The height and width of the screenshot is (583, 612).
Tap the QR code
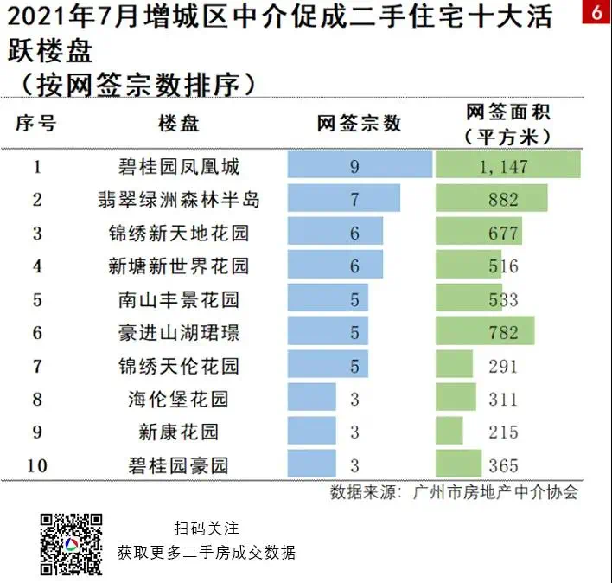(72, 544)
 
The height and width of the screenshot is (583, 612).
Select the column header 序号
(36, 124)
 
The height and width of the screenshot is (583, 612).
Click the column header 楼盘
(179, 124)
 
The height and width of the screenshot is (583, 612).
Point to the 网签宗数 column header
(359, 124)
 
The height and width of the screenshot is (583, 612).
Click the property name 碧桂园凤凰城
(179, 166)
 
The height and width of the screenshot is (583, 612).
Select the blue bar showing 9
(360, 166)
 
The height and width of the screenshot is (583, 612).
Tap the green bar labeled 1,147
(507, 166)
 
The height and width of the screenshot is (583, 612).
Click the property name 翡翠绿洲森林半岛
(179, 200)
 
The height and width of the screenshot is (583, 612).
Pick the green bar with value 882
(491, 200)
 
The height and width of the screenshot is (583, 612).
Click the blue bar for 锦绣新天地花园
(335, 233)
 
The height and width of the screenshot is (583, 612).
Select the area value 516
(503, 266)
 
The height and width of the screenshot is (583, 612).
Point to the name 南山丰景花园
(179, 300)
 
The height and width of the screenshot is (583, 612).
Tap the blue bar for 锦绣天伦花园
(328, 366)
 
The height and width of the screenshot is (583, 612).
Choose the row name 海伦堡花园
(179, 399)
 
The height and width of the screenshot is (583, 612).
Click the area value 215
(503, 432)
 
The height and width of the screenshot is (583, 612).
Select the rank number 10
(36, 466)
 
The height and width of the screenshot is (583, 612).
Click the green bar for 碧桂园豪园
(459, 465)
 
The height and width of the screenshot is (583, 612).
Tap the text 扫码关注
(206, 528)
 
